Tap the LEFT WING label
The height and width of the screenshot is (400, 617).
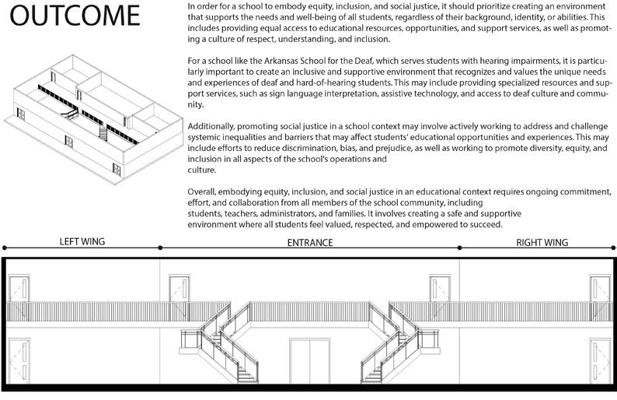(x=82, y=242)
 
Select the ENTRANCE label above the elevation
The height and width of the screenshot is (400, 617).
(x=309, y=243)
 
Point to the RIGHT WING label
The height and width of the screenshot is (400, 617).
(x=542, y=243)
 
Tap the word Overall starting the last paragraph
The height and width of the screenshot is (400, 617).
(x=204, y=192)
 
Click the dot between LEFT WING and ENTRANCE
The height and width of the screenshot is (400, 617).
(x=160, y=247)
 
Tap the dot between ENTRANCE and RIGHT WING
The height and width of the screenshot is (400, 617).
(x=459, y=247)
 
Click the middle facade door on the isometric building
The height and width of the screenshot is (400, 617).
(x=68, y=142)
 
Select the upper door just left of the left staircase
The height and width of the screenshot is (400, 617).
(x=180, y=289)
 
